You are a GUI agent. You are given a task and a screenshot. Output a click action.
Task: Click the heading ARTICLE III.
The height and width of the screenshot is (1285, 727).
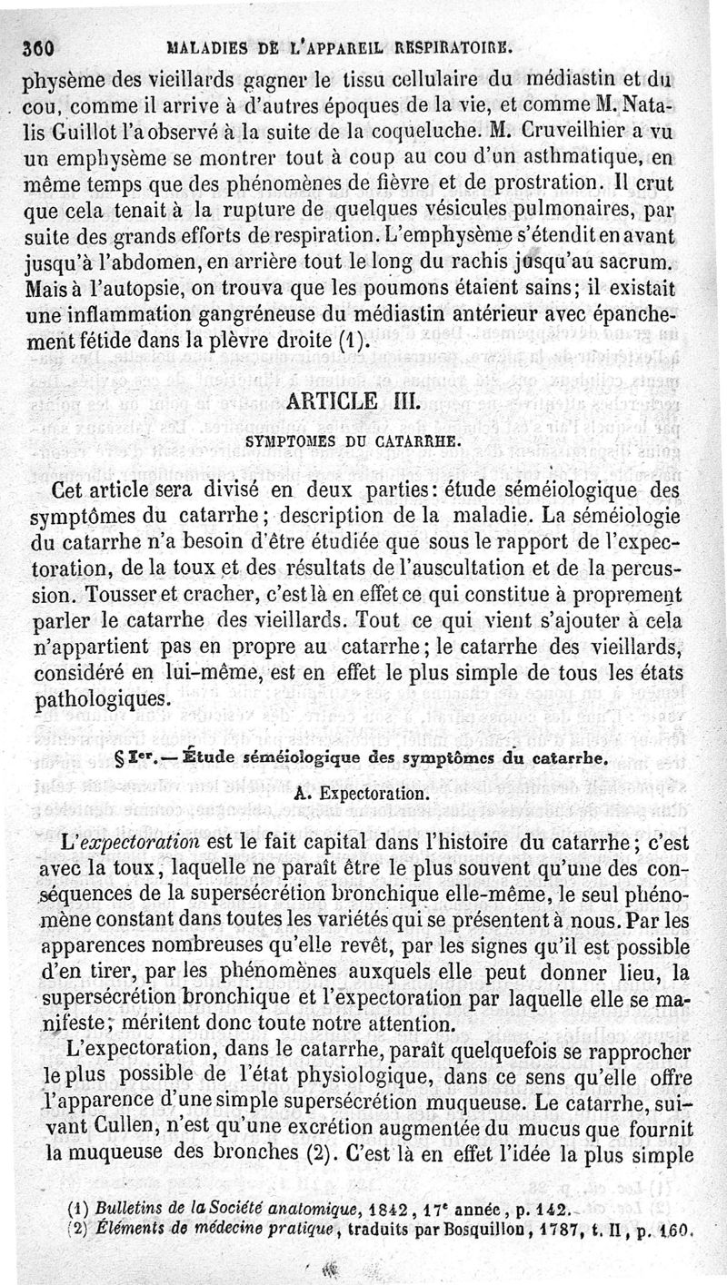tap(363, 400)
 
